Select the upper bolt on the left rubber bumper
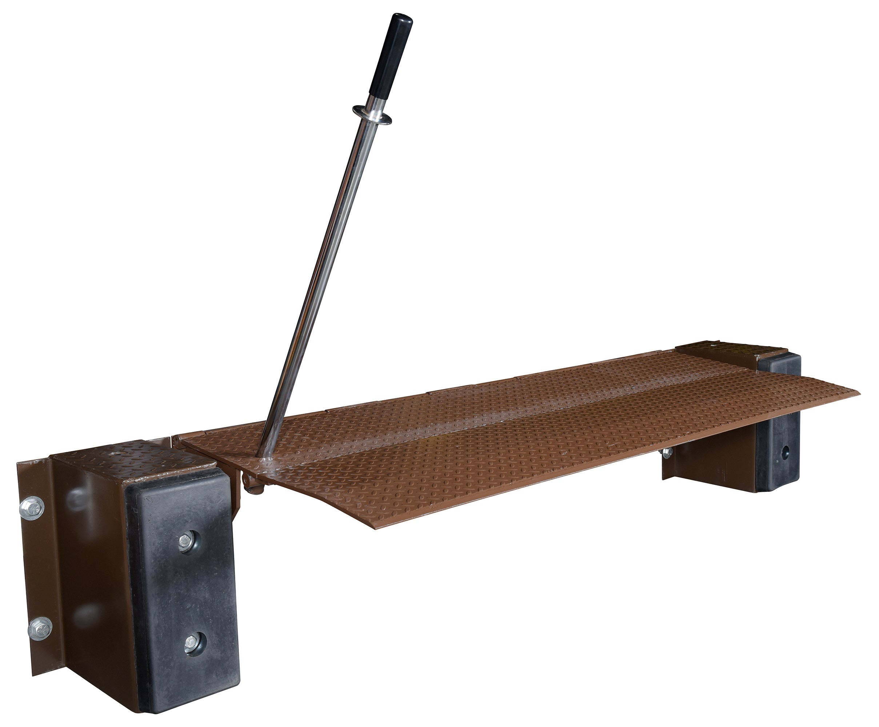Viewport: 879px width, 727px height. pos(186,542)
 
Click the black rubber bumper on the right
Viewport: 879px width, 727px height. pos(779,439)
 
